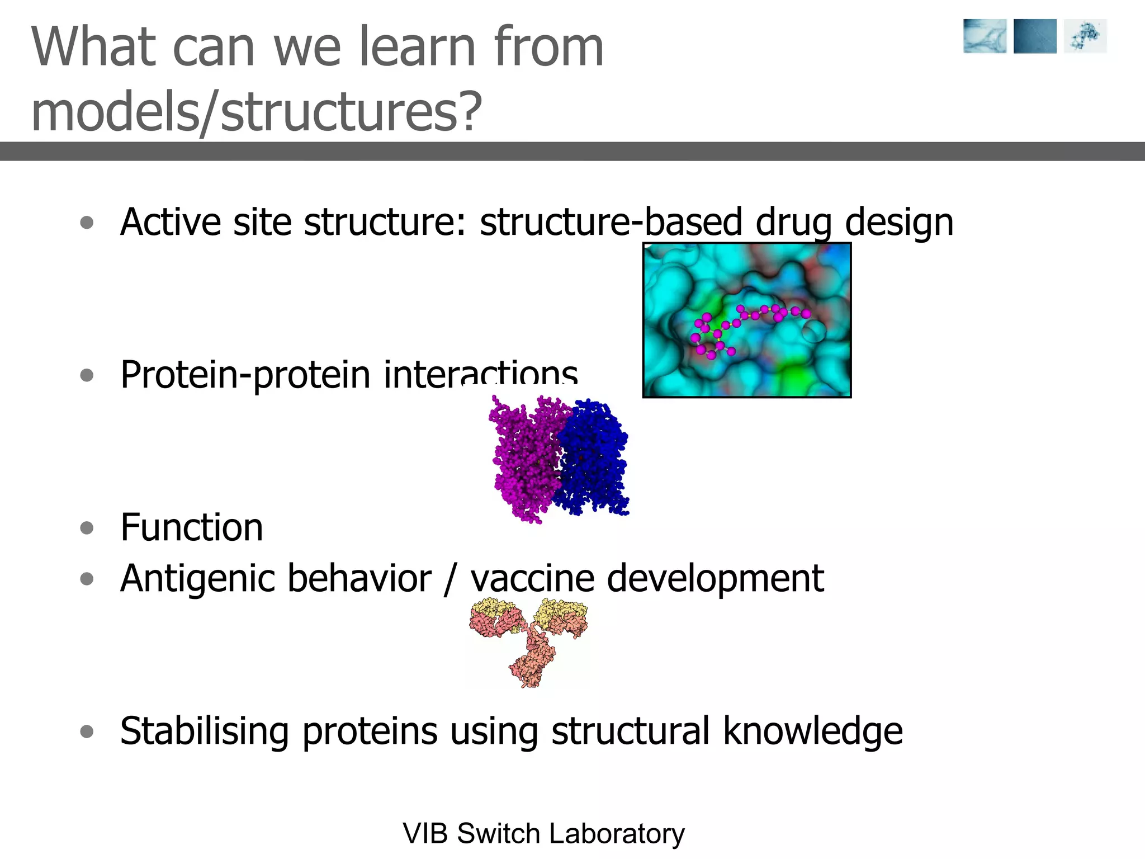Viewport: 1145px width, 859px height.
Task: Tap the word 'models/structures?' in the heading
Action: pos(256,112)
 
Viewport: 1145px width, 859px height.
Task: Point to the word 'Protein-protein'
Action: pos(245,375)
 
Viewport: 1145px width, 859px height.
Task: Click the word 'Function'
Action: pos(191,527)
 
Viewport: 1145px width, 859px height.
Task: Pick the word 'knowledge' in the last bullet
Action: pos(812,731)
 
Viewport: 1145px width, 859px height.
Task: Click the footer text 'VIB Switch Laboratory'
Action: pos(543,833)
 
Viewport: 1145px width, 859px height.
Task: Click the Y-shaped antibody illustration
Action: pos(529,640)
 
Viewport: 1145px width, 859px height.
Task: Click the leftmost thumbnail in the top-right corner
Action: pos(985,36)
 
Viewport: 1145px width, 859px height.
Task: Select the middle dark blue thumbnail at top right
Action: pos(1034,36)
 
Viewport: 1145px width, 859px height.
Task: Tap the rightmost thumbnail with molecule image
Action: pos(1085,36)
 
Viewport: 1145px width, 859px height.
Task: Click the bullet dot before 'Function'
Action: pos(87,527)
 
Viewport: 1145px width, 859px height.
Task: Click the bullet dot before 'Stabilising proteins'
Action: pos(87,731)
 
